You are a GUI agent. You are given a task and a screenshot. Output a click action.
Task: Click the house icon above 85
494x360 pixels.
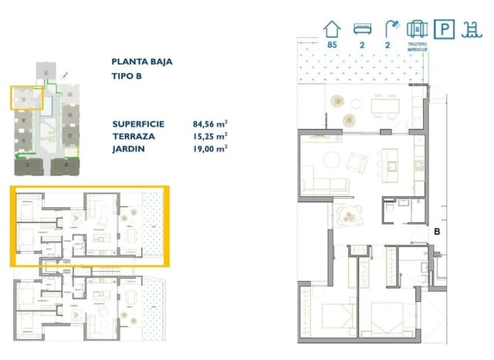point(333,29)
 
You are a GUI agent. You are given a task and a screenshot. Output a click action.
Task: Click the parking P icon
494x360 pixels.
point(444,29)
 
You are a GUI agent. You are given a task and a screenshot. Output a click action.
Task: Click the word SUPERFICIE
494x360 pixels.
point(140,123)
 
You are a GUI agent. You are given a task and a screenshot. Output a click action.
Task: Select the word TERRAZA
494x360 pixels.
point(132,135)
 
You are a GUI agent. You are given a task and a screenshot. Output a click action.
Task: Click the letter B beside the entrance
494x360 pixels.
point(436,230)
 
